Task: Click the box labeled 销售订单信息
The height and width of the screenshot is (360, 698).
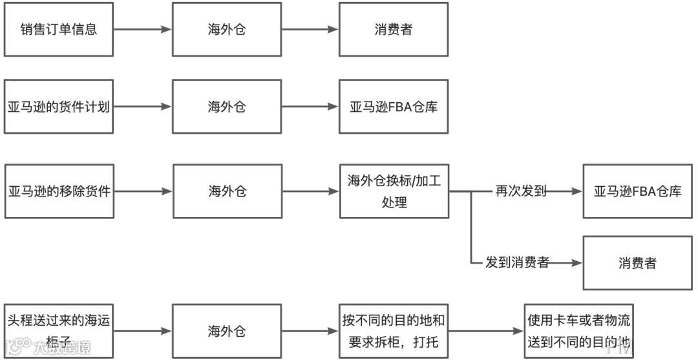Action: pyautogui.click(x=59, y=30)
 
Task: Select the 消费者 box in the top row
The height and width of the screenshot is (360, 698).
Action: pyautogui.click(x=393, y=30)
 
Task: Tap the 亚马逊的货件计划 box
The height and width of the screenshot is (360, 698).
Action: pyautogui.click(x=59, y=107)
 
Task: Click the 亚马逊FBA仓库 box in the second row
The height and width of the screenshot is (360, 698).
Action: pyautogui.click(x=393, y=107)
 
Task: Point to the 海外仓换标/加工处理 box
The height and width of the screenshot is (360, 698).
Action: pyautogui.click(x=394, y=191)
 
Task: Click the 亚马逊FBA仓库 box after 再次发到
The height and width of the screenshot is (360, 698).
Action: pyautogui.click(x=637, y=191)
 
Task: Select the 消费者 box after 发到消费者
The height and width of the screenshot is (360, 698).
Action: pyautogui.click(x=637, y=262)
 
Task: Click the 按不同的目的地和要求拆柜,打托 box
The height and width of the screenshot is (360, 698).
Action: pyautogui.click(x=394, y=330)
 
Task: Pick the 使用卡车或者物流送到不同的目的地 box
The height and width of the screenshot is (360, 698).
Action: pyautogui.click(x=578, y=330)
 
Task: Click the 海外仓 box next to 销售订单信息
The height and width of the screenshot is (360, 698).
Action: pyautogui.click(x=226, y=30)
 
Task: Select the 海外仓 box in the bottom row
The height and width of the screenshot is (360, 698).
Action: pyautogui.click(x=226, y=332)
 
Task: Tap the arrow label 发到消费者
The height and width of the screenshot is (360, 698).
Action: pyautogui.click(x=517, y=262)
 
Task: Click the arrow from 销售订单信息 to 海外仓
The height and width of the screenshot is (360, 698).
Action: pyautogui.click(x=142, y=30)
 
